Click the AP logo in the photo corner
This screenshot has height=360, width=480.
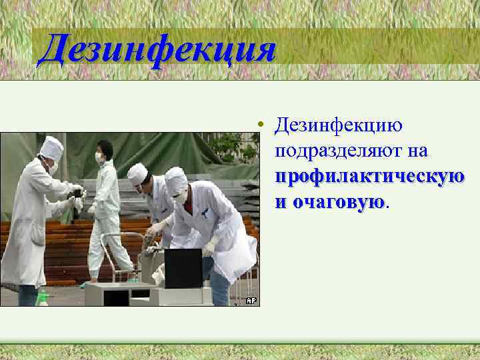coord(251,301)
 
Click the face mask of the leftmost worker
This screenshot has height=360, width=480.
coord(53,167)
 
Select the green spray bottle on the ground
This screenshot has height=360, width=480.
coord(43,297)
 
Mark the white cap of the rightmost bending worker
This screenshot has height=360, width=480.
coord(177,179)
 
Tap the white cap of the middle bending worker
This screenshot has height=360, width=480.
coord(137,174)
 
